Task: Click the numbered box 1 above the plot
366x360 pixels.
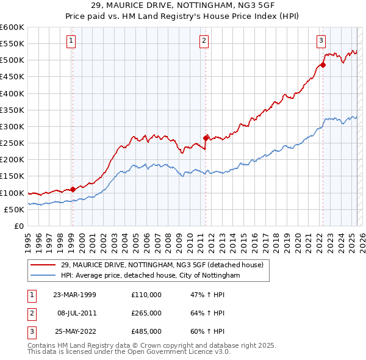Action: pyautogui.click(x=71, y=41)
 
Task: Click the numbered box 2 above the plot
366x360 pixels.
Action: pyautogui.click(x=204, y=41)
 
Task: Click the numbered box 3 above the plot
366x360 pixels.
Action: pyautogui.click(x=321, y=41)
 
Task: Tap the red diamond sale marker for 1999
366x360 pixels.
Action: pyautogui.click(x=73, y=189)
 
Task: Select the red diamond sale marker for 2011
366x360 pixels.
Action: pyautogui.click(x=206, y=138)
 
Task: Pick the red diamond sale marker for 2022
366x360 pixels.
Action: pyautogui.click(x=323, y=65)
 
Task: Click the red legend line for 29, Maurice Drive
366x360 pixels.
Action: pyautogui.click(x=43, y=265)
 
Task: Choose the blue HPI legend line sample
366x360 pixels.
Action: pyautogui.click(x=43, y=276)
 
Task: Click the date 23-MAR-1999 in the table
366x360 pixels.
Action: pyautogui.click(x=75, y=295)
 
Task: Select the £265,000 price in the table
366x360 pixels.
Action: pyautogui.click(x=146, y=313)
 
